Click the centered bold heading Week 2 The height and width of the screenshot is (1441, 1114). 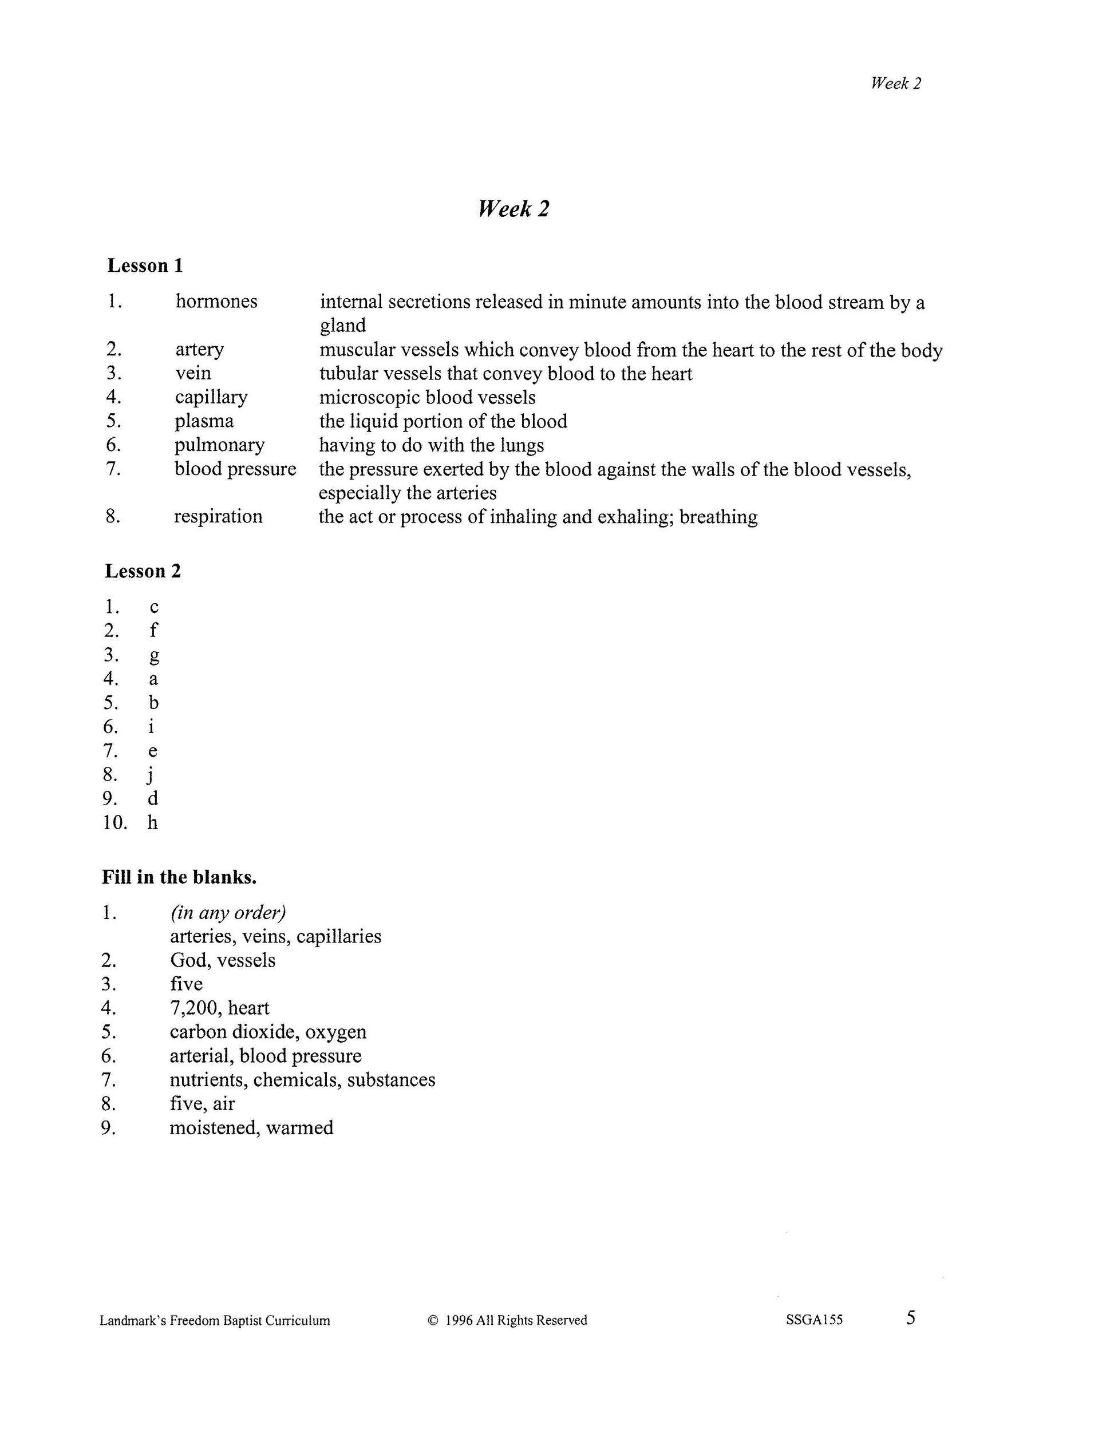[x=513, y=208]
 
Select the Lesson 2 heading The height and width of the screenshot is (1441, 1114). [x=143, y=571]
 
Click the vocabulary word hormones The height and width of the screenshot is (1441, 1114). [x=216, y=302]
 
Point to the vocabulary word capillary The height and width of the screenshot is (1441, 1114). [x=211, y=397]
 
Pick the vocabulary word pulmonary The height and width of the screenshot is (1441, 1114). [x=219, y=445]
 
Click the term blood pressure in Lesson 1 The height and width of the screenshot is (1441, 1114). [x=235, y=469]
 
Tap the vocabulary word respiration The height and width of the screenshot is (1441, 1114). [x=218, y=516]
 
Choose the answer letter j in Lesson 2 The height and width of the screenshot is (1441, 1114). [x=151, y=775]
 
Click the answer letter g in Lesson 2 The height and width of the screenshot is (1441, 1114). [x=154, y=655]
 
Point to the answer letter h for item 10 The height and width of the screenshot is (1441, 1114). [x=152, y=822]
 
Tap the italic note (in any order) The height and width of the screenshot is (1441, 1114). [x=228, y=913]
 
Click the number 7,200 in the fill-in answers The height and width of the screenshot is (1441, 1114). [x=195, y=1008]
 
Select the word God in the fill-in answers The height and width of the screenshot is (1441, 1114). [x=189, y=960]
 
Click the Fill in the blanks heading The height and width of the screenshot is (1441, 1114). [x=179, y=877]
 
